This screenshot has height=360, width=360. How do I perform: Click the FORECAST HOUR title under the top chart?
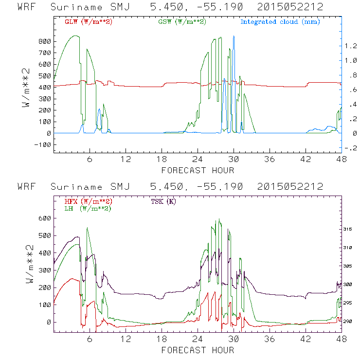tap(198, 170)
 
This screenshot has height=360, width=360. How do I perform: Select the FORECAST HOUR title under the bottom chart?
tap(198, 350)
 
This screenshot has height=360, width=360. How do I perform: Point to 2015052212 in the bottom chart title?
tap(290, 187)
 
